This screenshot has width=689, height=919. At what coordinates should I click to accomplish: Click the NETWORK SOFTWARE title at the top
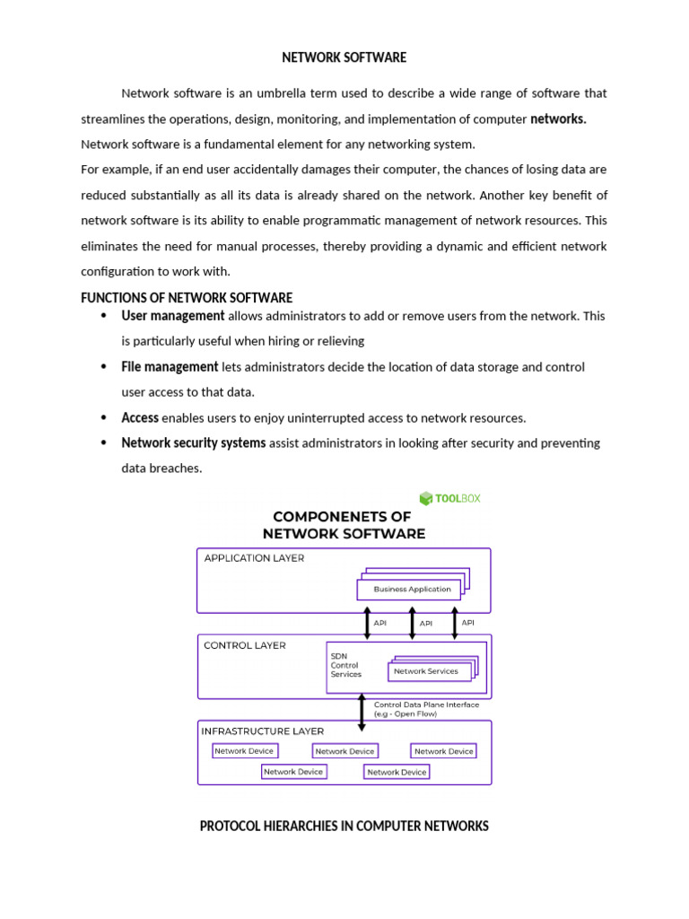click(x=344, y=57)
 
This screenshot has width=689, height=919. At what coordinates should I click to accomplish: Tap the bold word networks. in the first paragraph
click(x=558, y=119)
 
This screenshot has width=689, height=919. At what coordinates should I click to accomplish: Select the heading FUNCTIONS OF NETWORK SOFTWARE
click(x=187, y=298)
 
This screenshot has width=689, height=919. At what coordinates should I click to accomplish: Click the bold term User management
click(x=173, y=316)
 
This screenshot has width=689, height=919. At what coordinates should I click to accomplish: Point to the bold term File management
click(x=170, y=367)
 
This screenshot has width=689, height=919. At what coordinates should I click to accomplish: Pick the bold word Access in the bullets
click(x=140, y=418)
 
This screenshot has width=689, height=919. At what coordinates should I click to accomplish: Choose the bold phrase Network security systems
click(x=194, y=443)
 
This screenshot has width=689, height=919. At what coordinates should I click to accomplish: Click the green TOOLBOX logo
click(x=450, y=498)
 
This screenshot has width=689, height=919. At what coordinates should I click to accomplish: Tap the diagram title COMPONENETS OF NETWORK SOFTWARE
click(x=344, y=525)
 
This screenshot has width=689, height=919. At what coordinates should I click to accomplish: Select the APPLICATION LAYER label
click(x=254, y=558)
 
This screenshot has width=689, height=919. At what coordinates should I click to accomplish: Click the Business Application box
click(x=412, y=590)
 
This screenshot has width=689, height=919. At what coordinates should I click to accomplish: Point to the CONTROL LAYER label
click(x=245, y=645)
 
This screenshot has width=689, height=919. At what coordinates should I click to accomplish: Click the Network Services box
click(x=426, y=671)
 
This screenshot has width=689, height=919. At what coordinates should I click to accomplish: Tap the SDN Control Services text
click(x=345, y=665)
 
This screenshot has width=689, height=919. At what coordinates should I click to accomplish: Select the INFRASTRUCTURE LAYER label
click(x=262, y=731)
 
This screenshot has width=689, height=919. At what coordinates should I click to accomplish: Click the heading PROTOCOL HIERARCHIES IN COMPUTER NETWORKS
click(x=344, y=826)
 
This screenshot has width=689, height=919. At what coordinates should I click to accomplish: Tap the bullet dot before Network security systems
click(x=105, y=443)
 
